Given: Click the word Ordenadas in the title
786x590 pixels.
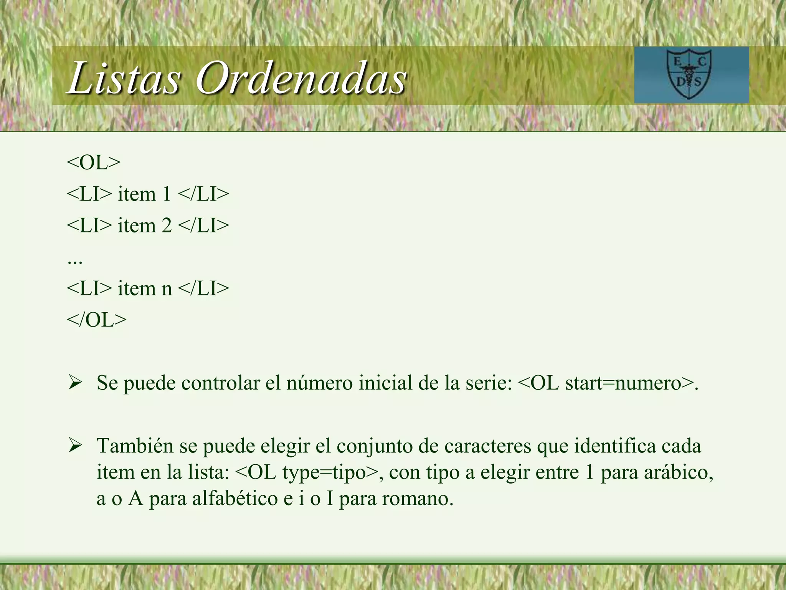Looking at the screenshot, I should [301, 78].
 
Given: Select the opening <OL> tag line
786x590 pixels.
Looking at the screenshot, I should [94, 162].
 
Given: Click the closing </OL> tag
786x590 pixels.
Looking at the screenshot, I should [96, 320].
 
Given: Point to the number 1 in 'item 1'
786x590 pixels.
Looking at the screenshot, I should [167, 194].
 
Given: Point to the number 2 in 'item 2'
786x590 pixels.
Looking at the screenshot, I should [167, 225].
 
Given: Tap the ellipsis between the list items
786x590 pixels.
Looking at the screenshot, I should [74, 261].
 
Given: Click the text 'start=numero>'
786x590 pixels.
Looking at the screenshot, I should [629, 383].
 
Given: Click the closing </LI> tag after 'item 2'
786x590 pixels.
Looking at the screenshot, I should [204, 225].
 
